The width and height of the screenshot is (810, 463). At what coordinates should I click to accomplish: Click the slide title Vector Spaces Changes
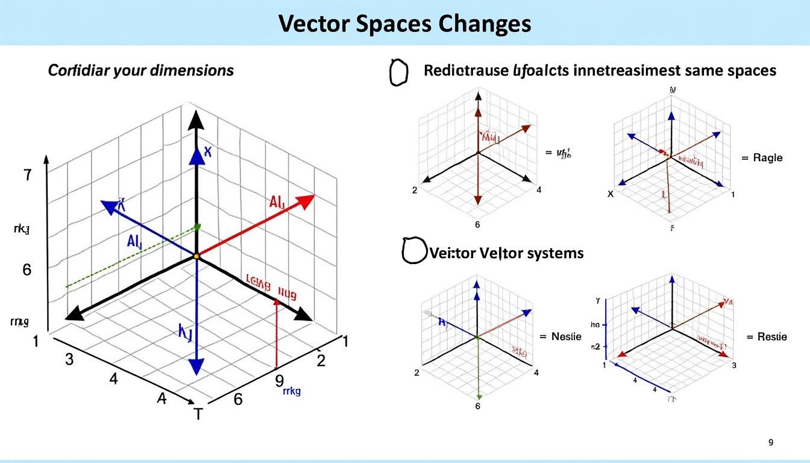[x=404, y=24]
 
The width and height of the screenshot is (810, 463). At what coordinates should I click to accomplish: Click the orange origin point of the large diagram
[x=196, y=257]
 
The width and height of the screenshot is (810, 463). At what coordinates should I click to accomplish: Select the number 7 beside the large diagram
[x=27, y=176]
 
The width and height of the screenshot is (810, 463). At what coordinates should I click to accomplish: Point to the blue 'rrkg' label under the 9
[x=291, y=391]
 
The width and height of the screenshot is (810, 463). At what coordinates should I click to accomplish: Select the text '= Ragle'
[x=762, y=157]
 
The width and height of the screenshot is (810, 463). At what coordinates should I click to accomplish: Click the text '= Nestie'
[x=560, y=336]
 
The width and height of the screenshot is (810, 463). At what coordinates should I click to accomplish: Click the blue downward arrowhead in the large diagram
[x=196, y=366]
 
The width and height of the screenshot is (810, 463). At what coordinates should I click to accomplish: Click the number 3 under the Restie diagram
[x=734, y=365]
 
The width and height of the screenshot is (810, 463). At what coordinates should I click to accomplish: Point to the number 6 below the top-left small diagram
[x=477, y=225]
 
